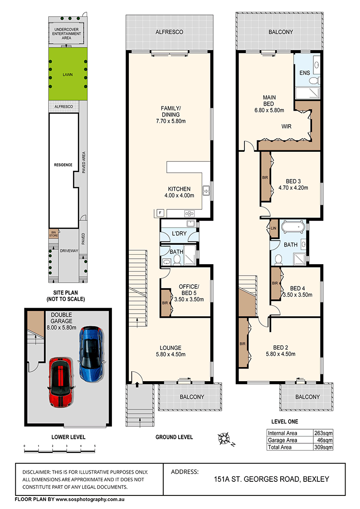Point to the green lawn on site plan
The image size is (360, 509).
pyautogui.click(x=68, y=75)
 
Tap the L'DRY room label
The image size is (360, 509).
pyautogui.click(x=179, y=234)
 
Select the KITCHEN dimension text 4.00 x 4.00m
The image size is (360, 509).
pyautogui.click(x=179, y=195)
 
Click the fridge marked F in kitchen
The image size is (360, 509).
pyautogui.click(x=160, y=213)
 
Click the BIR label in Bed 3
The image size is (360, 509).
pyautogui.click(x=265, y=177)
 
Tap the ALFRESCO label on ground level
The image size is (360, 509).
pyautogui.click(x=169, y=32)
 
